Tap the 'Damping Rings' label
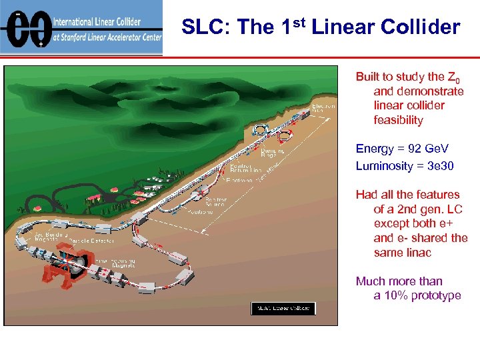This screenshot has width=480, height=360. pyautogui.click(x=272, y=153)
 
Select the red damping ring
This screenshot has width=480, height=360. pyautogui.click(x=286, y=137)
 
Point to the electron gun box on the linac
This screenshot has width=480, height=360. pyautogui.click(x=309, y=115)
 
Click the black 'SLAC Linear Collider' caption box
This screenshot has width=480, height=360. pyautogui.click(x=283, y=308)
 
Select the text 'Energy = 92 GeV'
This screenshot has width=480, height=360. pyautogui.click(x=402, y=148)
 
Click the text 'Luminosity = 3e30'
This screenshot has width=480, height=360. pyautogui.click(x=405, y=165)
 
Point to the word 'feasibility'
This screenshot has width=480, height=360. pyautogui.click(x=398, y=120)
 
